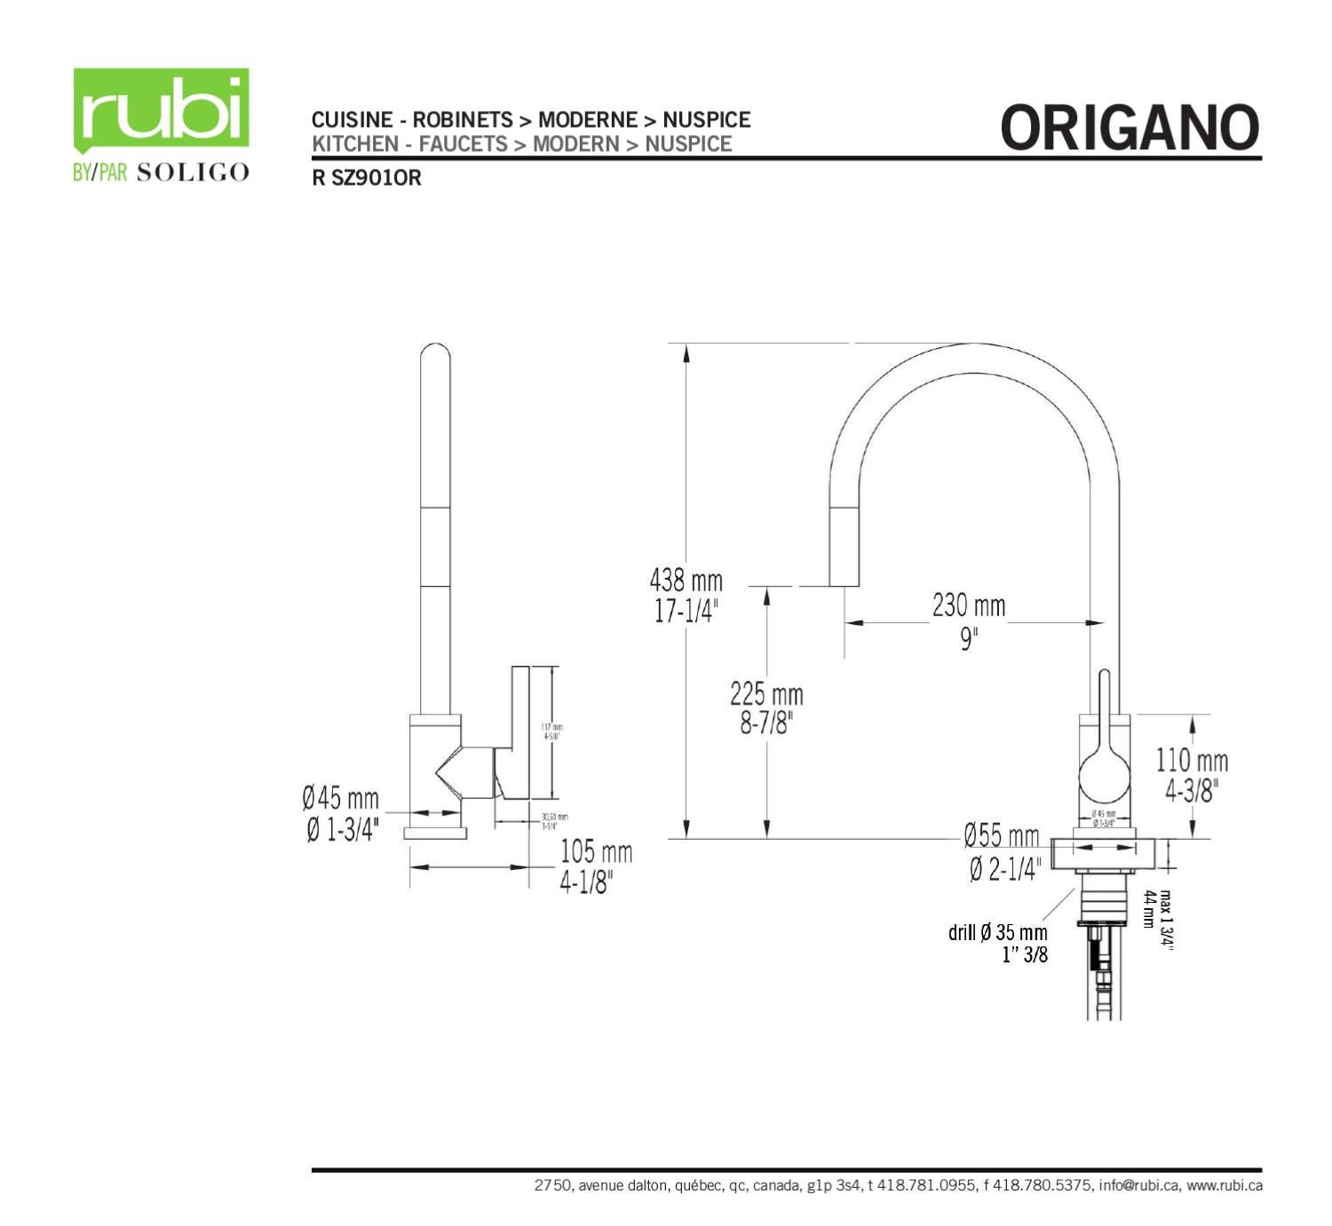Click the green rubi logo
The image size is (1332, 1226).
click(161, 110)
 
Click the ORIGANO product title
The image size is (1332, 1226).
click(1130, 128)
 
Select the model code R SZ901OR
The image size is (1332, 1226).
click(366, 178)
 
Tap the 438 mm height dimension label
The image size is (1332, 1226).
click(686, 581)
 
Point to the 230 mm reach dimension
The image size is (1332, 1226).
click(969, 606)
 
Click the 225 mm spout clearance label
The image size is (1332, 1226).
click(766, 694)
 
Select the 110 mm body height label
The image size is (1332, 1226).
click(1192, 761)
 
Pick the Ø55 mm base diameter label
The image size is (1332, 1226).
click(1002, 836)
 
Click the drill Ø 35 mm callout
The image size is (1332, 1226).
click(998, 933)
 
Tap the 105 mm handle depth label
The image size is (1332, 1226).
click(596, 852)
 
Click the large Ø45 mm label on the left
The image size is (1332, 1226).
click(340, 798)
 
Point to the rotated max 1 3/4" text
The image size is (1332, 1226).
click(1166, 921)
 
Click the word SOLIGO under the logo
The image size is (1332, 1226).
click(193, 172)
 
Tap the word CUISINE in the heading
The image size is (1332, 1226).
click(352, 120)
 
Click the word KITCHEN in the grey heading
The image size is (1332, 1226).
click(354, 144)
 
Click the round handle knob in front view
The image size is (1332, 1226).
click(1106, 779)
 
